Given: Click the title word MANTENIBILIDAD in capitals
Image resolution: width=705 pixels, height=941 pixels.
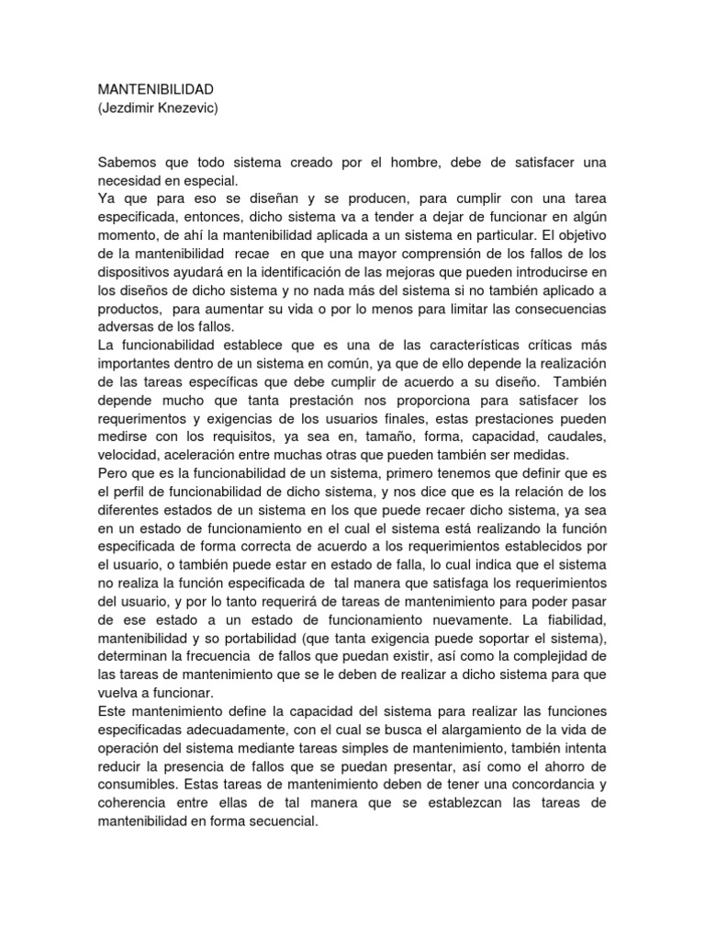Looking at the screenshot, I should tap(155, 89).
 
